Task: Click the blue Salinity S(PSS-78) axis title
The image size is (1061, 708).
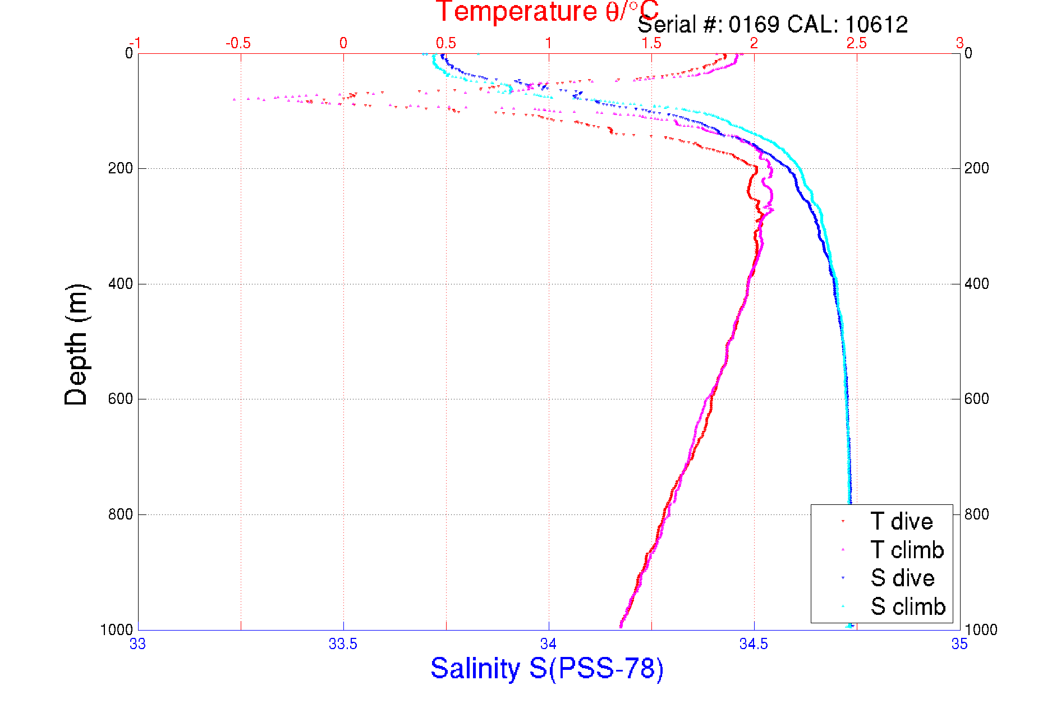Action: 547,669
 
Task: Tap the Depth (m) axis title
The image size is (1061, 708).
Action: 77,344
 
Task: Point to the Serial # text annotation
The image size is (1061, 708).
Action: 773,25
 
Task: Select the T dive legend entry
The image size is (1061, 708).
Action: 901,522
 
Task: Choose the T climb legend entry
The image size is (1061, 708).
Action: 907,550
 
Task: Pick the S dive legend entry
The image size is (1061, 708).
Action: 902,578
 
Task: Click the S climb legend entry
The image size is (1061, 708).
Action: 908,606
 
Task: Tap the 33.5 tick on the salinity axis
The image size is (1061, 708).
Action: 343,644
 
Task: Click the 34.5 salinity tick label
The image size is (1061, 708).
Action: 754,644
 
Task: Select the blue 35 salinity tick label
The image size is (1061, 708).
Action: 959,644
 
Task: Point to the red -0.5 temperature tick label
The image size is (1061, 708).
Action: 238,43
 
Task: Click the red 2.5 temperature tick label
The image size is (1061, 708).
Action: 856,43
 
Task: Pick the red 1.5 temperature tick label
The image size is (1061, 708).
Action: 651,43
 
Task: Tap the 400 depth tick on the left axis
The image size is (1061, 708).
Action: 120,284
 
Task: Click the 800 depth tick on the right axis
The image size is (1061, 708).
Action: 977,514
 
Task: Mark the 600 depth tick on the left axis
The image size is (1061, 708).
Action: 120,399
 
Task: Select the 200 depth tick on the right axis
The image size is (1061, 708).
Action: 977,168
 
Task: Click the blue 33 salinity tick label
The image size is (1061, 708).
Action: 138,644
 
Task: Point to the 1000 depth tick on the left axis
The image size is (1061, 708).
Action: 117,629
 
